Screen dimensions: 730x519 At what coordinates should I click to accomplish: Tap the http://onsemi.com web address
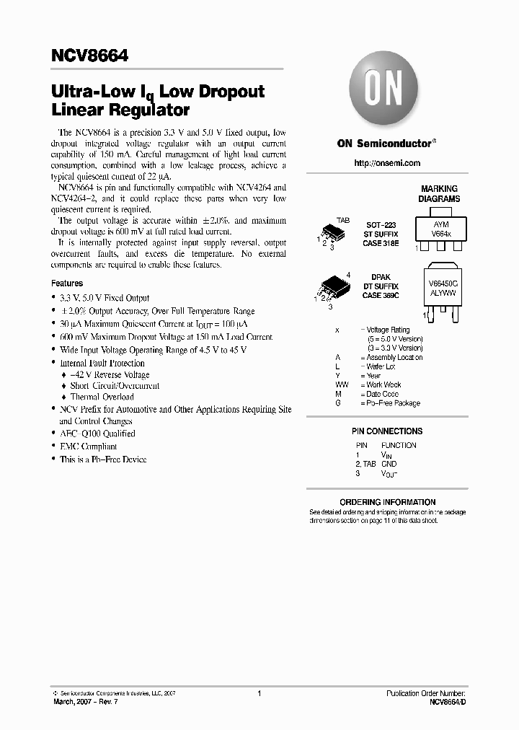coord(387,163)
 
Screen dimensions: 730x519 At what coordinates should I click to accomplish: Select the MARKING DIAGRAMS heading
coord(439,193)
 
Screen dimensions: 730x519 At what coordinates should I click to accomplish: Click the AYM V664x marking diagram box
coord(440,229)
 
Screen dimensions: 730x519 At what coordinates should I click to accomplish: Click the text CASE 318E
coord(382,242)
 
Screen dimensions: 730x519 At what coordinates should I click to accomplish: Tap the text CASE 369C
coord(382,295)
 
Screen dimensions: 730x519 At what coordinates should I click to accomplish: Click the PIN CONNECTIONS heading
coord(387,431)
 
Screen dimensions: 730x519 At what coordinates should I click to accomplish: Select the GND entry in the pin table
coord(389,464)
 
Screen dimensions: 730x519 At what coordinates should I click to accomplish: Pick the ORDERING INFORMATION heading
coord(387,502)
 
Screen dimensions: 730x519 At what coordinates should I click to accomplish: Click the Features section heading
coord(67,283)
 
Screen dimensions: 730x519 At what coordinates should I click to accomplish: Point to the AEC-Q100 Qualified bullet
coord(97,434)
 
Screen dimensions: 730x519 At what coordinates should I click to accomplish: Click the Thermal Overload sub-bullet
coord(102,397)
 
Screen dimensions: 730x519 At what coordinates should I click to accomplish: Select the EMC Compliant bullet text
coord(88,447)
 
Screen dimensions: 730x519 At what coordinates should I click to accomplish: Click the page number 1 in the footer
coord(259,693)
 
